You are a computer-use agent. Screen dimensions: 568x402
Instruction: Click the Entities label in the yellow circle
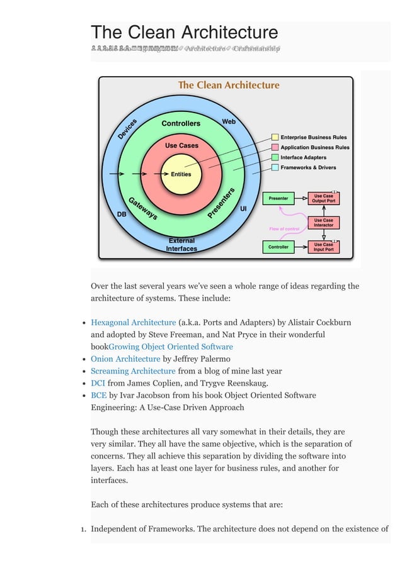pos(181,174)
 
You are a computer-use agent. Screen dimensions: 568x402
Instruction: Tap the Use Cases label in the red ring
pos(181,145)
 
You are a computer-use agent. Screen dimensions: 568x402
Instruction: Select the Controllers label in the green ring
pos(181,123)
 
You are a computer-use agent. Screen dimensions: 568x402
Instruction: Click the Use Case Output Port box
pos(323,198)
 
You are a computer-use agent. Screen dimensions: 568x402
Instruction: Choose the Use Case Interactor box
pos(323,223)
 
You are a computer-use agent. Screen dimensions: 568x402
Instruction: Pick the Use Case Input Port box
pos(323,247)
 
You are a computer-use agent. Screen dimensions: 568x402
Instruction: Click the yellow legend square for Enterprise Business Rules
pos(275,137)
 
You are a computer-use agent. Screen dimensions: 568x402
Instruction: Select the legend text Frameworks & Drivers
pos(308,167)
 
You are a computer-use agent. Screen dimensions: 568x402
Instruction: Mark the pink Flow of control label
pos(284,228)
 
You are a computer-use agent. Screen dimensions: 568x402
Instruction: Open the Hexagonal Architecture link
pos(133,323)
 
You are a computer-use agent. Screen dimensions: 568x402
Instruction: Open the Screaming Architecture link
pos(133,371)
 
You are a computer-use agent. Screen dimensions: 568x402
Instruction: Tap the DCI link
pos(98,383)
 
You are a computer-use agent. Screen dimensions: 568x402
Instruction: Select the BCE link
pos(98,395)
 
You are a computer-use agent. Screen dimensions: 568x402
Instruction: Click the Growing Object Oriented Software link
pos(171,347)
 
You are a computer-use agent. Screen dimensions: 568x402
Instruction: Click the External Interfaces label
pos(181,245)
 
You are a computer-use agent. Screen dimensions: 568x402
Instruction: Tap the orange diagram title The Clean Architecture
pos(229,85)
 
